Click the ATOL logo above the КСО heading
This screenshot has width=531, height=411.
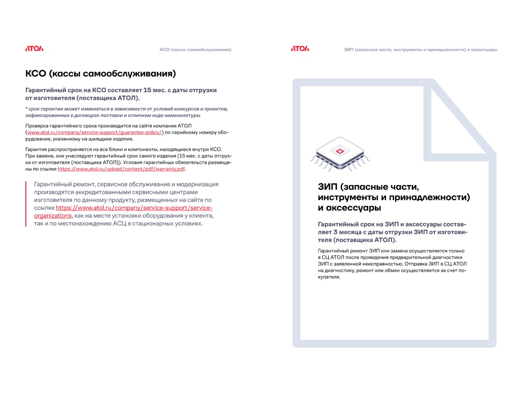coord(34,49)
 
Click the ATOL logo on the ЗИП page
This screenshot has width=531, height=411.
coord(300,49)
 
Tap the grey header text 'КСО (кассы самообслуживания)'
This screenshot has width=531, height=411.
coord(195,50)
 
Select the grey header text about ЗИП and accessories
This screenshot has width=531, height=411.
coord(421,50)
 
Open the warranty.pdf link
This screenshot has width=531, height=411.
coord(121,169)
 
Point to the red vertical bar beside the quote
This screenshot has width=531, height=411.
coord(26,204)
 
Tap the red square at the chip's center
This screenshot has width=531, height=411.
coord(340,151)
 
